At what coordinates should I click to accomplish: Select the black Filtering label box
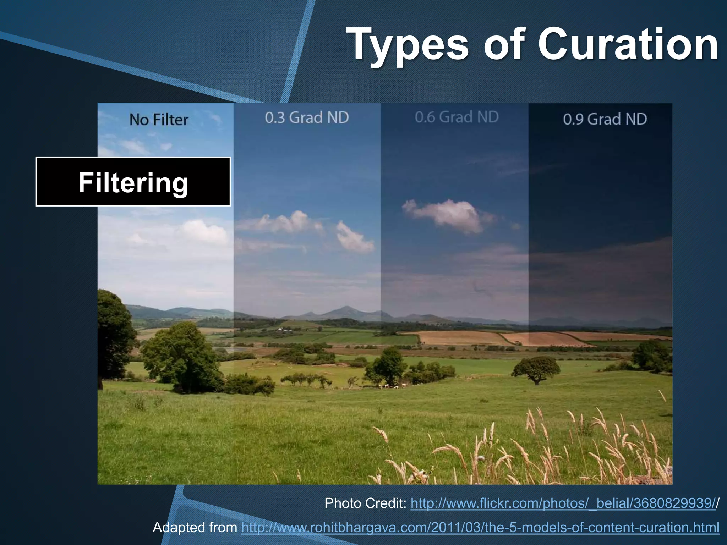(x=133, y=182)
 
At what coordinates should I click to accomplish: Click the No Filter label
(x=159, y=120)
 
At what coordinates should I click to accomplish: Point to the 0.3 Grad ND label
(x=307, y=117)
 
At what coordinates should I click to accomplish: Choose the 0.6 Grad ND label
(x=457, y=117)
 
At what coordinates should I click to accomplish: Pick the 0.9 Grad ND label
(x=605, y=119)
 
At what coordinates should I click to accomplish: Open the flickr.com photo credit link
(x=563, y=503)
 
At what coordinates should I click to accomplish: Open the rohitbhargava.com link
(x=480, y=527)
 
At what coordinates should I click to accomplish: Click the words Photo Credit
(x=365, y=503)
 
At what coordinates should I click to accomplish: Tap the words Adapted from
(x=195, y=527)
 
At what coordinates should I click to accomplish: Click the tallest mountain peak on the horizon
(x=346, y=309)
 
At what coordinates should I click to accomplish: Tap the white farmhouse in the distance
(x=280, y=329)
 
